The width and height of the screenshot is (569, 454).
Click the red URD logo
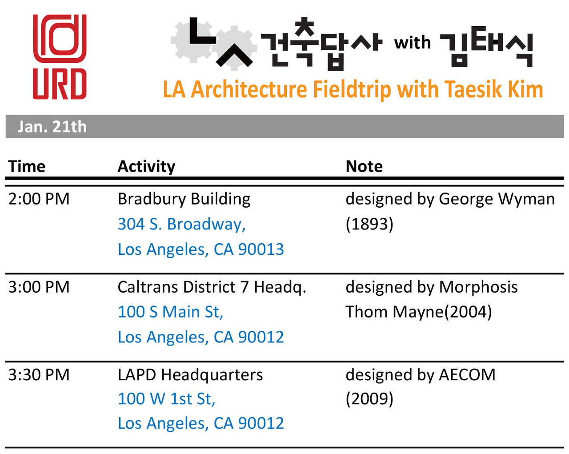pos(60,57)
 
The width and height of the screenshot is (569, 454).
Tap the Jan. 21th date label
pos(52,127)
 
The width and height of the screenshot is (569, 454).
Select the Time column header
pos(27,166)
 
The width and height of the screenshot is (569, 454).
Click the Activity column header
pos(146,167)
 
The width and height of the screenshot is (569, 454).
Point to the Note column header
pos(364,166)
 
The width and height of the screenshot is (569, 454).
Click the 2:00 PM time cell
pos(39,199)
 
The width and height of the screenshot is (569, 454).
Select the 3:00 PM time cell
pos(39,287)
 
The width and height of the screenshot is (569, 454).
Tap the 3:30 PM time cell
pos(39,375)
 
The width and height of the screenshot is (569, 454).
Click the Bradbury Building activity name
pos(184,199)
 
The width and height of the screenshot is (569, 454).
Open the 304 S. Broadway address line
pos(182,225)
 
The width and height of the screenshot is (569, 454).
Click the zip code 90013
pos(260,249)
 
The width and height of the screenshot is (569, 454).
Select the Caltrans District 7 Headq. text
pos(212,287)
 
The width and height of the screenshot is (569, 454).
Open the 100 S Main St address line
pos(171,312)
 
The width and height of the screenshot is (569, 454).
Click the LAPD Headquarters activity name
pos(190,375)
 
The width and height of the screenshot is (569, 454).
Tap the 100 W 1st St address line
pos(167,399)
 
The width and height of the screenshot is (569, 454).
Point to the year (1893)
pos(370,225)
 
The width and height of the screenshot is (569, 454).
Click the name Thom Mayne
pos(394,312)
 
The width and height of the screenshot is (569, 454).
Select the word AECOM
pos(467,375)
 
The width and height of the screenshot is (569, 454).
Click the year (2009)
pos(370,399)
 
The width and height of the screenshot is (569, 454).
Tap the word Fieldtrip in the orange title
pos(352,90)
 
